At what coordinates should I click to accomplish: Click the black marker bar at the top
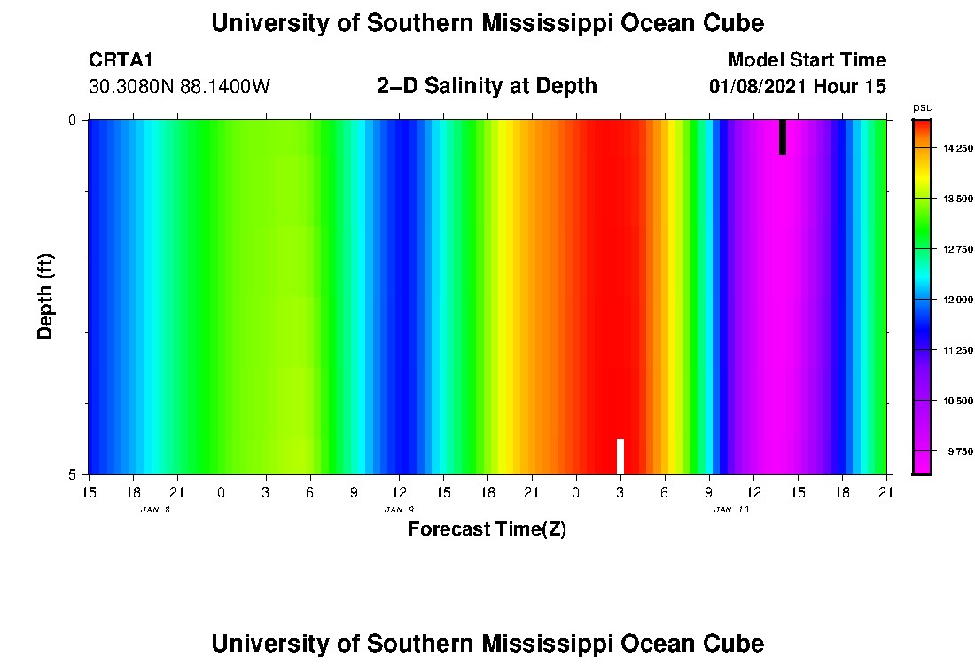point(783,137)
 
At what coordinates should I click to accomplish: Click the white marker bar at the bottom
point(620,456)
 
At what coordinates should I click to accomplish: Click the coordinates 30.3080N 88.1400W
point(179,87)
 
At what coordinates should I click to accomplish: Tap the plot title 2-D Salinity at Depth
point(487,86)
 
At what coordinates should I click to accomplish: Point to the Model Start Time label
point(806,60)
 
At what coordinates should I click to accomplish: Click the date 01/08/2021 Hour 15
point(798,87)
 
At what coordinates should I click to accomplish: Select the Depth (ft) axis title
point(46,295)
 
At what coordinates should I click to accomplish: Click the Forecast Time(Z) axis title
point(487,529)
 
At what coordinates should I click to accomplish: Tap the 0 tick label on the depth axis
point(73,120)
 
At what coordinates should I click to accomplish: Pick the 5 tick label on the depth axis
point(73,474)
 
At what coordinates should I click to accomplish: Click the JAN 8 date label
point(155,510)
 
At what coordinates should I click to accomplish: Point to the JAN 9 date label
point(399,510)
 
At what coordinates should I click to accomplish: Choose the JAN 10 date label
point(731,510)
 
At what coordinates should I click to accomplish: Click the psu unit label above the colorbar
point(923,107)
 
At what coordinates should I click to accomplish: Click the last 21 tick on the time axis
point(886,492)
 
